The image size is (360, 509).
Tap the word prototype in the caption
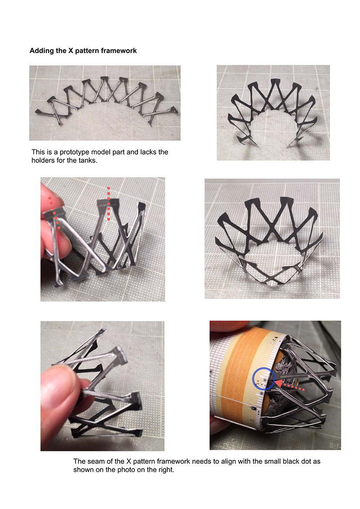[74, 152]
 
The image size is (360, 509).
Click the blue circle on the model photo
[264, 379]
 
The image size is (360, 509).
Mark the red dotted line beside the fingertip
[54, 213]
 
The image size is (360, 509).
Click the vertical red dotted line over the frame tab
[109, 204]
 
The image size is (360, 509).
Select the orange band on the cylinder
[237, 373]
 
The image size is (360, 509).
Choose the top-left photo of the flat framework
[105, 103]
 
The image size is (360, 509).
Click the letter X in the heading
[71, 51]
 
